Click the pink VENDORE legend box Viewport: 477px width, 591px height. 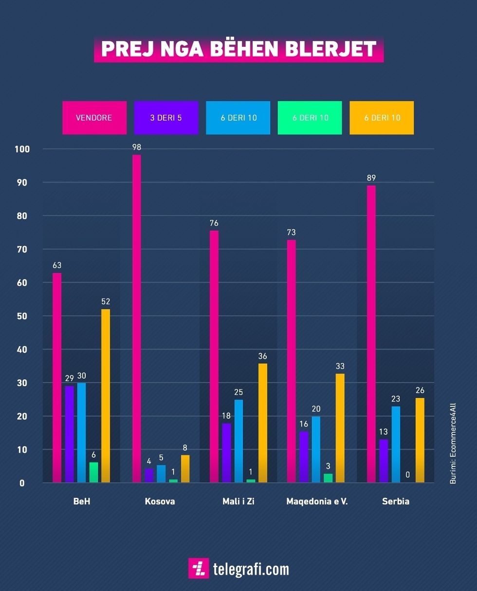(94, 118)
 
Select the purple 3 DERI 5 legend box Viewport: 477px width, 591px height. (166, 118)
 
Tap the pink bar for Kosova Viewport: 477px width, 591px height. (136, 319)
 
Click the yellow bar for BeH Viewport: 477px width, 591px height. (106, 396)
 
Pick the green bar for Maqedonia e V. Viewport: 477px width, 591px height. (328, 478)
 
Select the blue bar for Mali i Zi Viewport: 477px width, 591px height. (238, 441)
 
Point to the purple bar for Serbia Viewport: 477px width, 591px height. (384, 461)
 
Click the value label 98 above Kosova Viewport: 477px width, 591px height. (136, 147)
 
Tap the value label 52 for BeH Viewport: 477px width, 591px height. (106, 301)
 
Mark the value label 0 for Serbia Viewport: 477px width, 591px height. (407, 475)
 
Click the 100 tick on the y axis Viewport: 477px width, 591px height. (22, 149)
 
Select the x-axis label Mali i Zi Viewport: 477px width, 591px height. (238, 501)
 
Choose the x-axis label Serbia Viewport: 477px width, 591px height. (395, 501)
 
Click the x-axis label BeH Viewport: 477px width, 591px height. (81, 501)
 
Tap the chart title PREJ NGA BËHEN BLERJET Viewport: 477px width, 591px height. (238, 49)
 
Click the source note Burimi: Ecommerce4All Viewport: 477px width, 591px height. (453, 443)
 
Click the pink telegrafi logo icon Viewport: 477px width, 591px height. (199, 568)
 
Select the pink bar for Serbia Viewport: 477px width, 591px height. (371, 334)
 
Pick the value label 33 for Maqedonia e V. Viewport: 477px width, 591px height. (340, 366)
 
